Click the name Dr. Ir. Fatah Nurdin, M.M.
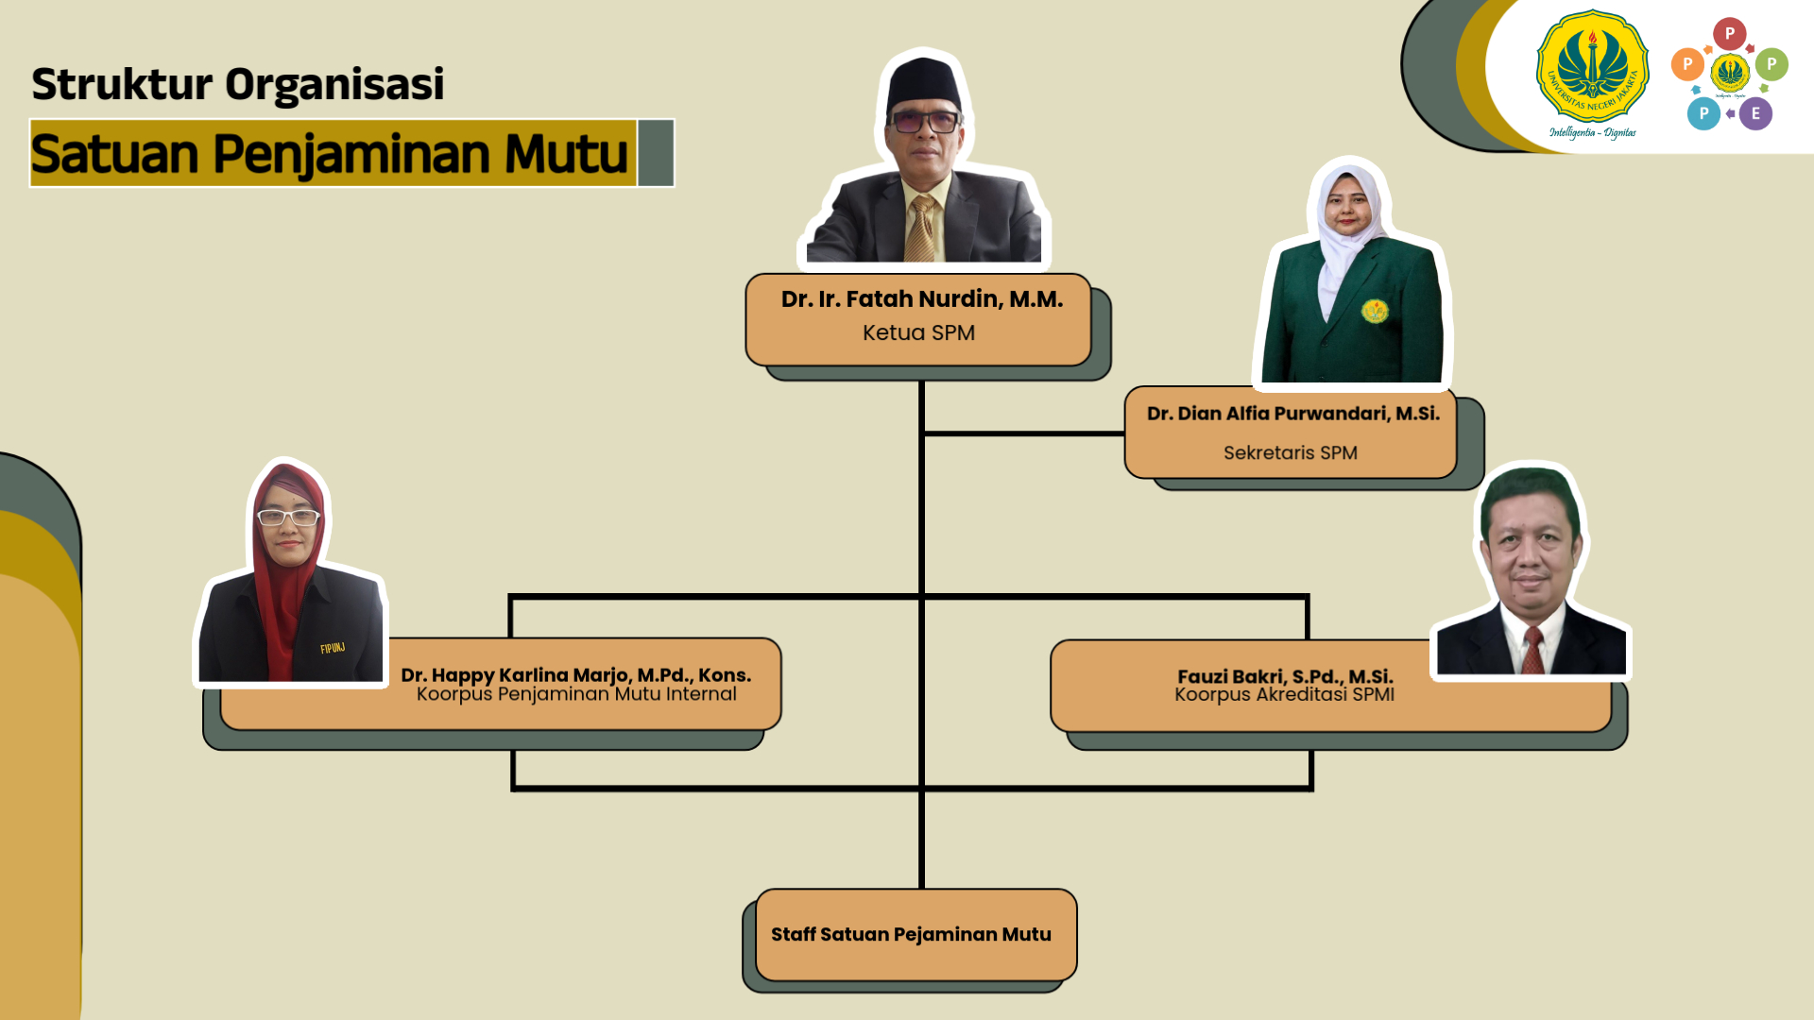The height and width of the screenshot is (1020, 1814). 921,299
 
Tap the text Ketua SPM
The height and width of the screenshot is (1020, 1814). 918,332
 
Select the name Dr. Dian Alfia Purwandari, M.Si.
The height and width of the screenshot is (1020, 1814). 1293,414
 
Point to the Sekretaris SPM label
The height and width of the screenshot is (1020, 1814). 1291,453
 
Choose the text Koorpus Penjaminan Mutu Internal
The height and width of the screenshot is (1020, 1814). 576,694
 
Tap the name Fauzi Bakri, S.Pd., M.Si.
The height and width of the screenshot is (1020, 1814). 1285,676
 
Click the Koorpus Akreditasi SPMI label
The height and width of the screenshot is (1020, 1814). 1285,695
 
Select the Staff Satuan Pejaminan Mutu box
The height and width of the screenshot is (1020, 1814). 916,935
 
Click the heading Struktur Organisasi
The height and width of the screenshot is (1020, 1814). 238,84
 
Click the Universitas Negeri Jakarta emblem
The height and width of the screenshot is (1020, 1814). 1592,68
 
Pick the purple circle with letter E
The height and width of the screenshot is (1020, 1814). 1755,113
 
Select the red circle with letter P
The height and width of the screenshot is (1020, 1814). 1729,34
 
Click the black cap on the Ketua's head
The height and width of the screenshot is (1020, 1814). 923,86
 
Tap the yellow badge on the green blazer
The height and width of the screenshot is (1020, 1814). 1375,310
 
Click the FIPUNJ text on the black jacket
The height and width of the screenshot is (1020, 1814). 333,648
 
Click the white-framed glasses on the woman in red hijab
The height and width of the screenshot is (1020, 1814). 288,517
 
